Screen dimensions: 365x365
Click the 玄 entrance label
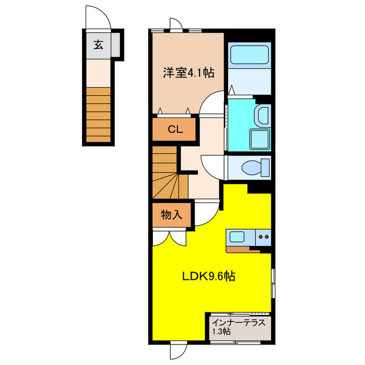tap(99, 44)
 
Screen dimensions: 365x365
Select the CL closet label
tap(175, 129)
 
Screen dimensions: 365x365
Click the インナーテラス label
tap(238, 322)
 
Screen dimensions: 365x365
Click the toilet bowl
tap(253, 168)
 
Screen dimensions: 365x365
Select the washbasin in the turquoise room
tap(262, 116)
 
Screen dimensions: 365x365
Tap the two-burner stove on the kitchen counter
tap(263, 236)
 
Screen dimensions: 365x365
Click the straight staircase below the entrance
tap(98, 114)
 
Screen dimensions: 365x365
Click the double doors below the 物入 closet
tap(169, 237)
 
